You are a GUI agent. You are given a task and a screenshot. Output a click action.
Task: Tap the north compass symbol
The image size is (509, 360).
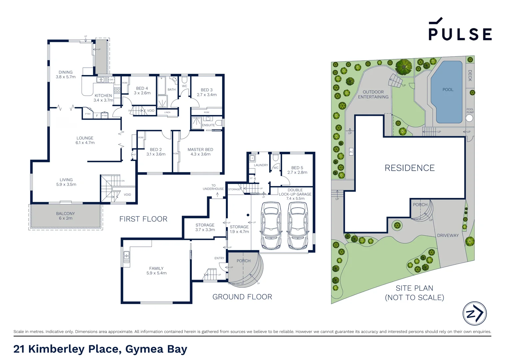(474, 313)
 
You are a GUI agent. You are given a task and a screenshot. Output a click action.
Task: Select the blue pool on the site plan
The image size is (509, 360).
(447, 92)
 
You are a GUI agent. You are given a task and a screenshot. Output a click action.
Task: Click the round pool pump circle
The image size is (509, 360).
(469, 118)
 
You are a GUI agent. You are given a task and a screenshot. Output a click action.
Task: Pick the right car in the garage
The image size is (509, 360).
(297, 226)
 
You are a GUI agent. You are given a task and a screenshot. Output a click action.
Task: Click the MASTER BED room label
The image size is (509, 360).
(200, 150)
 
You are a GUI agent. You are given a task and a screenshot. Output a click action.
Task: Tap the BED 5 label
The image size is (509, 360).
(297, 168)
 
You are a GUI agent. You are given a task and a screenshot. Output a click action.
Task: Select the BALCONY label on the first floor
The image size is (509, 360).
(65, 214)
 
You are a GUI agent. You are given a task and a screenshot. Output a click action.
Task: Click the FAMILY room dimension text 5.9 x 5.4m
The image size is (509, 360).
(157, 273)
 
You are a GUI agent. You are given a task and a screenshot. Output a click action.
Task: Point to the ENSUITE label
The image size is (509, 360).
(209, 125)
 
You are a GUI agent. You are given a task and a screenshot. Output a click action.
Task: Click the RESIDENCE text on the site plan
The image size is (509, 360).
(409, 168)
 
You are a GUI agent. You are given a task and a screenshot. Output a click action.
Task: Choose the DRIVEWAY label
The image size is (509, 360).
(448, 235)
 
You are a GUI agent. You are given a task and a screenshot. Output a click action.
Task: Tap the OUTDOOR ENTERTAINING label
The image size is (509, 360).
(373, 94)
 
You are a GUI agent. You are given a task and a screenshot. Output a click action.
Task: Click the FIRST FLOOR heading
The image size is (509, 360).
(143, 219)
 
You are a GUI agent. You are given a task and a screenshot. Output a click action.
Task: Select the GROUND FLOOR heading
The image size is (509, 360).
(242, 297)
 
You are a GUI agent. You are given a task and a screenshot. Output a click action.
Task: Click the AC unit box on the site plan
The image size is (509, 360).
(351, 152)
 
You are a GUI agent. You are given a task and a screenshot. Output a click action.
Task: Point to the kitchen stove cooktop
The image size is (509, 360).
(117, 90)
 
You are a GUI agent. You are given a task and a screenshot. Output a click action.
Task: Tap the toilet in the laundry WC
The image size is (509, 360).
(275, 157)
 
